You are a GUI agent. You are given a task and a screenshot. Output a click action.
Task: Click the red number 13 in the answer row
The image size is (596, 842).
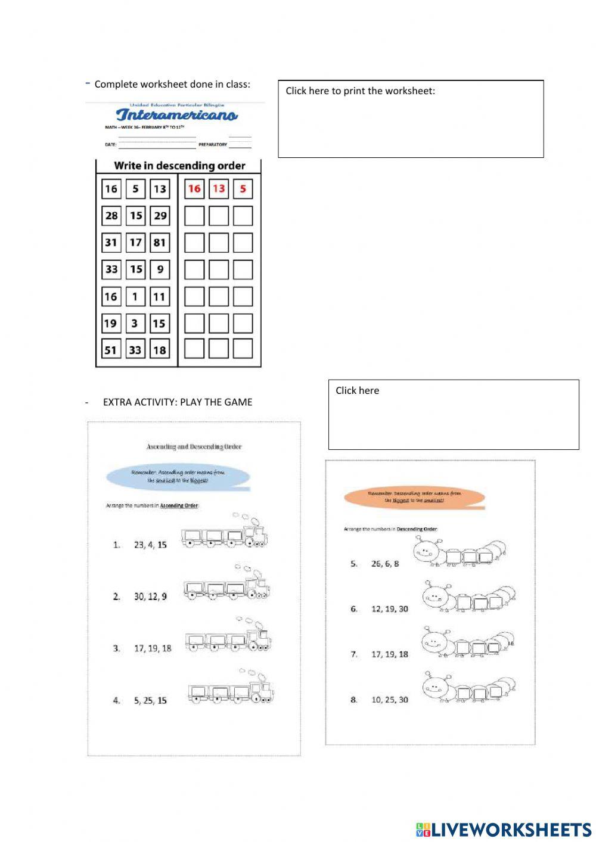tap(219, 189)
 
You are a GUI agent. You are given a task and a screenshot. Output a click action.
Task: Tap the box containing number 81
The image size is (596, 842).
tap(160, 243)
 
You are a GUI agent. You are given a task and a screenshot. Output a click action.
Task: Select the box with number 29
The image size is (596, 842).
tap(160, 216)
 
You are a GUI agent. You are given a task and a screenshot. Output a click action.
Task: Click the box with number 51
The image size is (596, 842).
tap(111, 350)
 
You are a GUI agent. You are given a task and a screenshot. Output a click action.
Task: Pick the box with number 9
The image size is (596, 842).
tap(160, 269)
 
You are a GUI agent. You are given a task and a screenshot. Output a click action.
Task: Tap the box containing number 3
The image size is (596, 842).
tap(135, 324)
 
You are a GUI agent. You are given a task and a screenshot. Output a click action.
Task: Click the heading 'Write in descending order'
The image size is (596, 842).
tap(179, 166)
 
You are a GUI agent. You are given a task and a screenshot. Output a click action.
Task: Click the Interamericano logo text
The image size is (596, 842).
tap(176, 115)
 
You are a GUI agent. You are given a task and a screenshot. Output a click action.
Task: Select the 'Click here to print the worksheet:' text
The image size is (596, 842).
tap(360, 91)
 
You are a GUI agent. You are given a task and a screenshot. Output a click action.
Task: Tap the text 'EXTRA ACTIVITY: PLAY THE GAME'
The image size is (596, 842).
tap(177, 402)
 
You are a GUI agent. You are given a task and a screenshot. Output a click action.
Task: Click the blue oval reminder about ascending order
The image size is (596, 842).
tap(178, 476)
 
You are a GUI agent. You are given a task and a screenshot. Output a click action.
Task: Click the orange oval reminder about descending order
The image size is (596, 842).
tap(414, 497)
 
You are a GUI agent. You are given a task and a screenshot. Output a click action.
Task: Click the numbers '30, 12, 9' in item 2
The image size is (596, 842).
tap(150, 596)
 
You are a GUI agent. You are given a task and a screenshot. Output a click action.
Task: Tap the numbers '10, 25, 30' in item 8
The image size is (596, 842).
tap(390, 700)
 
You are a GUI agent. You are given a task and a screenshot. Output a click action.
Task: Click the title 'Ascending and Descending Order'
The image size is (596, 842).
tap(194, 446)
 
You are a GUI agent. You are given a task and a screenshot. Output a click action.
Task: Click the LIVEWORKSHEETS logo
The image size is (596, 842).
tap(504, 829)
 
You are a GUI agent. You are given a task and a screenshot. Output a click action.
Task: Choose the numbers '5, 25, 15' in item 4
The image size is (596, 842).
tap(150, 701)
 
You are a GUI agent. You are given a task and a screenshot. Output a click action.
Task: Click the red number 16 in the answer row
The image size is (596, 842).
tap(194, 189)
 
